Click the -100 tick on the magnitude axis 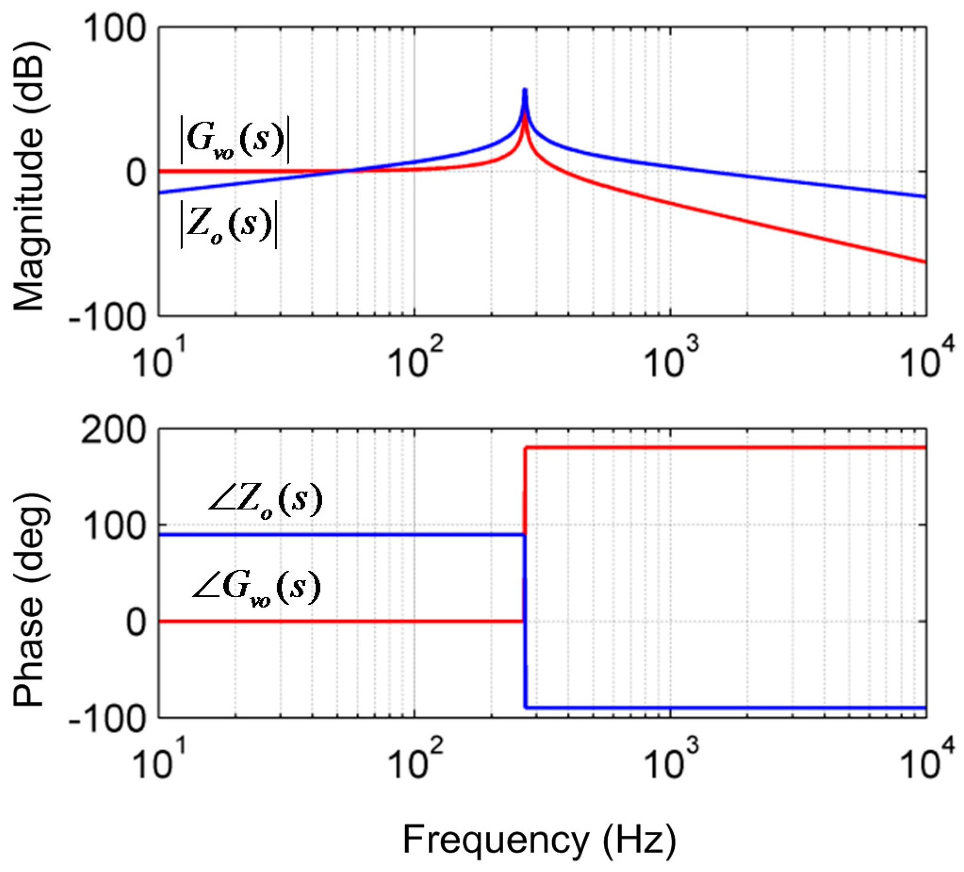[107, 317]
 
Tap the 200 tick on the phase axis [114, 430]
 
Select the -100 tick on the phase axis [107, 717]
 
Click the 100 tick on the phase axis [114, 526]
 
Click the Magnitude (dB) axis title [30, 177]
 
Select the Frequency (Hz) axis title [539, 840]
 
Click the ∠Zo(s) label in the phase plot [266, 500]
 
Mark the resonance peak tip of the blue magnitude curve [524, 90]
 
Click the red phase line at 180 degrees [717, 448]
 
